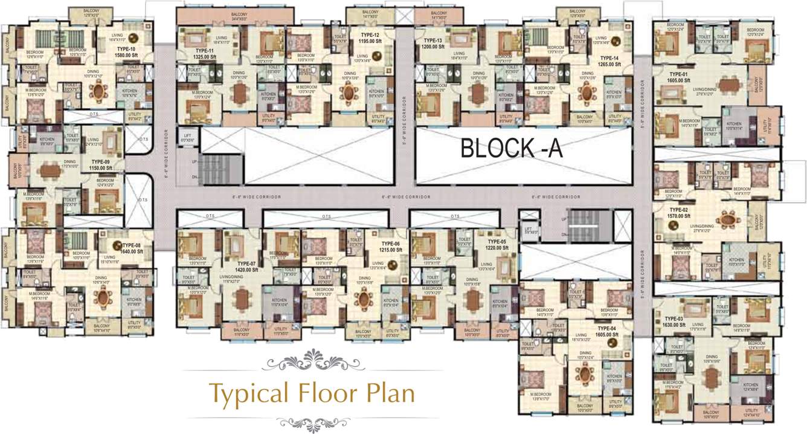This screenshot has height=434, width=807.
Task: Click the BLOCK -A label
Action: (512, 147)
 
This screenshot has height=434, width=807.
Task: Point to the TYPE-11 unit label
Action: (205, 51)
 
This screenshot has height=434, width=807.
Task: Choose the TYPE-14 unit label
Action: (609, 57)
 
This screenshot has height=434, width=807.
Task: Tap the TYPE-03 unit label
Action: (674, 319)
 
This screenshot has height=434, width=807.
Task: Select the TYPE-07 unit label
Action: (247, 264)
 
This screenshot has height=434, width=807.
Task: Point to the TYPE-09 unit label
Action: (100, 162)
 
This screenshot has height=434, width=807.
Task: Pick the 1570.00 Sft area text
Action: (678, 216)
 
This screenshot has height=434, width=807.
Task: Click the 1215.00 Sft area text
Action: (391, 250)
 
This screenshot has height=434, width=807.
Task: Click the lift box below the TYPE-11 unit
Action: (185, 137)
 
